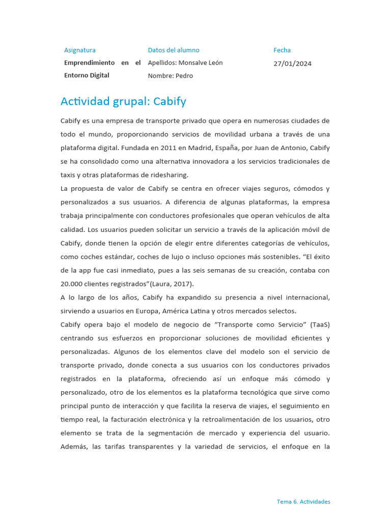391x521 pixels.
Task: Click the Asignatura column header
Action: coord(79,50)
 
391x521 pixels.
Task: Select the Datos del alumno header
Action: coord(174,50)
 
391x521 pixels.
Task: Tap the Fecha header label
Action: coord(282,50)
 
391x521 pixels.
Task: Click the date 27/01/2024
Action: coord(292,64)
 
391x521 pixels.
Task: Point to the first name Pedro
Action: coord(184,76)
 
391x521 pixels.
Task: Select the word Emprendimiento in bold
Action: coord(90,63)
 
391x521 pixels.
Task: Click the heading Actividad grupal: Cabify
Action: coord(123,101)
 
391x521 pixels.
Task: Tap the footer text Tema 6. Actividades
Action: coord(303,502)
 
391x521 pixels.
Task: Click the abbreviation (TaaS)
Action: coord(320,325)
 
